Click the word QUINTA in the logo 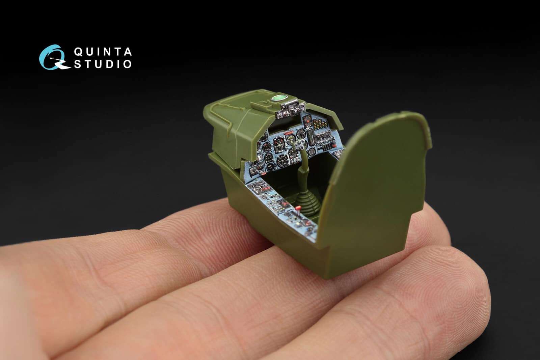(x=103, y=52)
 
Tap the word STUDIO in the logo (x=103, y=64)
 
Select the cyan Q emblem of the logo (x=54, y=57)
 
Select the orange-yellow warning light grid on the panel (x=320, y=124)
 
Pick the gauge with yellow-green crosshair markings (x=291, y=139)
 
